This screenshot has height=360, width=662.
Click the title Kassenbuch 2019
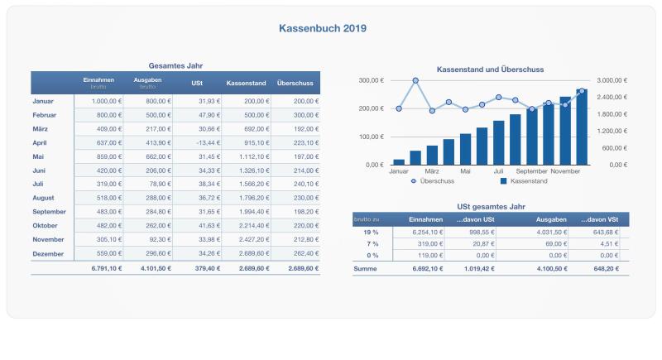pyautogui.click(x=324, y=28)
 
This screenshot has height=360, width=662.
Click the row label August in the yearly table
pyautogui.click(x=43, y=198)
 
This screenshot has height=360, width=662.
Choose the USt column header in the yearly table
pyautogui.click(x=196, y=83)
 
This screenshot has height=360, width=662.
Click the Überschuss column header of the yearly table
pyautogui.click(x=295, y=83)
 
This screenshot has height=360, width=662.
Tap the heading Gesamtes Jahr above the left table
pyautogui.click(x=175, y=65)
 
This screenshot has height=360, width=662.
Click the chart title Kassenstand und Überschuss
pyautogui.click(x=490, y=70)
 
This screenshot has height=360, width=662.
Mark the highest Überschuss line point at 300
pyautogui.click(x=415, y=80)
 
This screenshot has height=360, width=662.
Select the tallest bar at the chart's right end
pyautogui.click(x=582, y=127)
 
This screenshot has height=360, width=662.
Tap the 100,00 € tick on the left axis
pyautogui.click(x=370, y=137)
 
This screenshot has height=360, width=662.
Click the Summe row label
pyautogui.click(x=366, y=269)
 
